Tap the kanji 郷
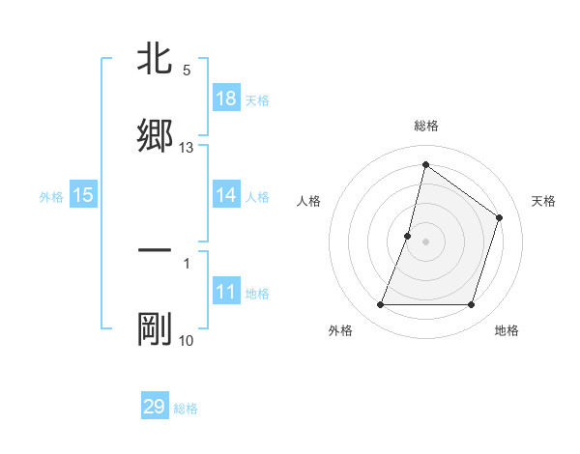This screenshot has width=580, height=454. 155,134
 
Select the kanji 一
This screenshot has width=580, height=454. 155,252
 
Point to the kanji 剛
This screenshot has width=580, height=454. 155,329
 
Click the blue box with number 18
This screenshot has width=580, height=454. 226,99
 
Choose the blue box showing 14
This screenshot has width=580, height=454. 226,195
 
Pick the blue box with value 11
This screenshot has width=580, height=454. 226,292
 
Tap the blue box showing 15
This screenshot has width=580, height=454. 83,195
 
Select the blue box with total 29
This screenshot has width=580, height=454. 155,407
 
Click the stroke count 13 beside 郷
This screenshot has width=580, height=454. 187,148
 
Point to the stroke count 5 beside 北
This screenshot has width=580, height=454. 187,71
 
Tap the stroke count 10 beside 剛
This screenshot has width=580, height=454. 187,341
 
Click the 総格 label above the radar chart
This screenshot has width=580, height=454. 426,126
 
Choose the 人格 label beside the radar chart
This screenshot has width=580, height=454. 309,201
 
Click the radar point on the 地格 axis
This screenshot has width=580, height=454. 472,305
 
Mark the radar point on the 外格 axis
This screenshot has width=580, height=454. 380,305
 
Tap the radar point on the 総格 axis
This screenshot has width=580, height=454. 425,165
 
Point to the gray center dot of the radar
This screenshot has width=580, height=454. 426,241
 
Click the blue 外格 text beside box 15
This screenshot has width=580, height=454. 51,196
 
